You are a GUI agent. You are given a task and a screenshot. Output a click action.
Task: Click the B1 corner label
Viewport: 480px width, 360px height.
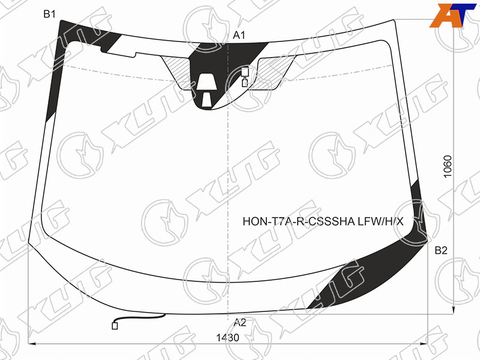tap(49, 14)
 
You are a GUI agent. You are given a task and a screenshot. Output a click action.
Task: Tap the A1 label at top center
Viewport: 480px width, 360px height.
tap(239, 35)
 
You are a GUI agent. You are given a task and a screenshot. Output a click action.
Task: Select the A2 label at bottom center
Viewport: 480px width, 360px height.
tap(240, 322)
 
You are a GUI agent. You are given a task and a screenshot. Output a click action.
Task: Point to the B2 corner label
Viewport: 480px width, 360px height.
tap(441, 250)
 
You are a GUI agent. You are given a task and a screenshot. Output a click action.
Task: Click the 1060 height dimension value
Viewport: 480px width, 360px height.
tap(448, 167)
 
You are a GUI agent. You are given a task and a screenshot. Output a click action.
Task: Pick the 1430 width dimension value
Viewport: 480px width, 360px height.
tap(227, 338)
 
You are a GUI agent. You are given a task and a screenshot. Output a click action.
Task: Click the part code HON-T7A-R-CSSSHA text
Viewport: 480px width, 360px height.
tap(299, 221)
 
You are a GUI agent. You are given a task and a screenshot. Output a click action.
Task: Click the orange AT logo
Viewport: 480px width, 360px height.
tap(452, 16)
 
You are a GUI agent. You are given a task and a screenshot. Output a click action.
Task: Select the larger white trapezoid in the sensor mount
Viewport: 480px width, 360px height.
tap(206, 82)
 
